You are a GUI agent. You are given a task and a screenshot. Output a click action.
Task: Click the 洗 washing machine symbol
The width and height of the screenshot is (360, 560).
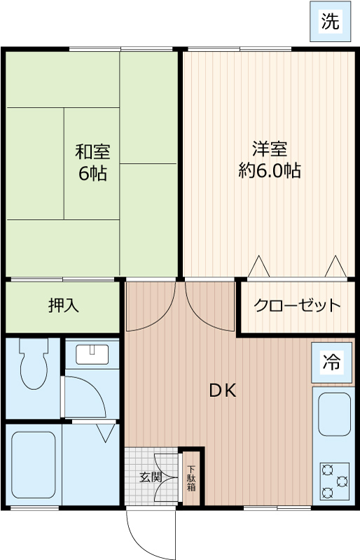[x=330, y=22]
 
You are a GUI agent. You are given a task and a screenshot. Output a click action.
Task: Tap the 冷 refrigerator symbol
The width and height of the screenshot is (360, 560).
[x=330, y=362]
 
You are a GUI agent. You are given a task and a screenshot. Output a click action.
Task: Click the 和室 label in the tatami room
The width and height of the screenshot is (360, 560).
[x=92, y=151]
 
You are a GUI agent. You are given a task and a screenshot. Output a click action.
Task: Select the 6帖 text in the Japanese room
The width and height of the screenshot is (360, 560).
[x=92, y=174]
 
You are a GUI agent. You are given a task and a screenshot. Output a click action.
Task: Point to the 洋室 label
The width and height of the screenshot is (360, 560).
[x=270, y=149]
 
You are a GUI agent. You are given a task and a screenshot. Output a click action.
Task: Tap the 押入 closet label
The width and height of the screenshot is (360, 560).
[x=64, y=305]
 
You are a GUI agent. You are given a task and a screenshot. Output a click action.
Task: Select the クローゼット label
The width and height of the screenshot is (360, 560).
[x=297, y=306]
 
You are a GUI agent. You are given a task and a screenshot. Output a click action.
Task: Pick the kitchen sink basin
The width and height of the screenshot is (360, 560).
[x=335, y=414]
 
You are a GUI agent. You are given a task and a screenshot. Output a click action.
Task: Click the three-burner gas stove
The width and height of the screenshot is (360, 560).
[x=335, y=481]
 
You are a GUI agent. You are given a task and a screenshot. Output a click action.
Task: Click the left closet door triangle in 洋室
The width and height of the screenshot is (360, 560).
[x=259, y=267]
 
